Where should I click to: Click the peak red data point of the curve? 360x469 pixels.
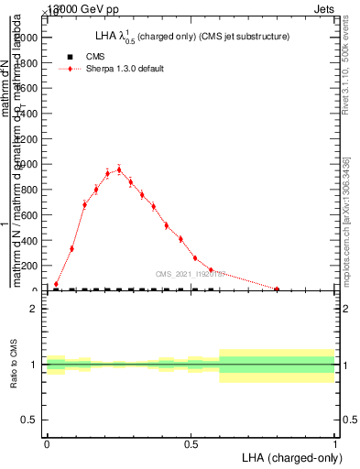point(119,169)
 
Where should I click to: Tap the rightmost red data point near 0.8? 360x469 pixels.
point(278,289)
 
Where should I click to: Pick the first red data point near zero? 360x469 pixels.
point(56,284)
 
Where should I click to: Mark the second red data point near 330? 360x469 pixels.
point(71,248)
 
